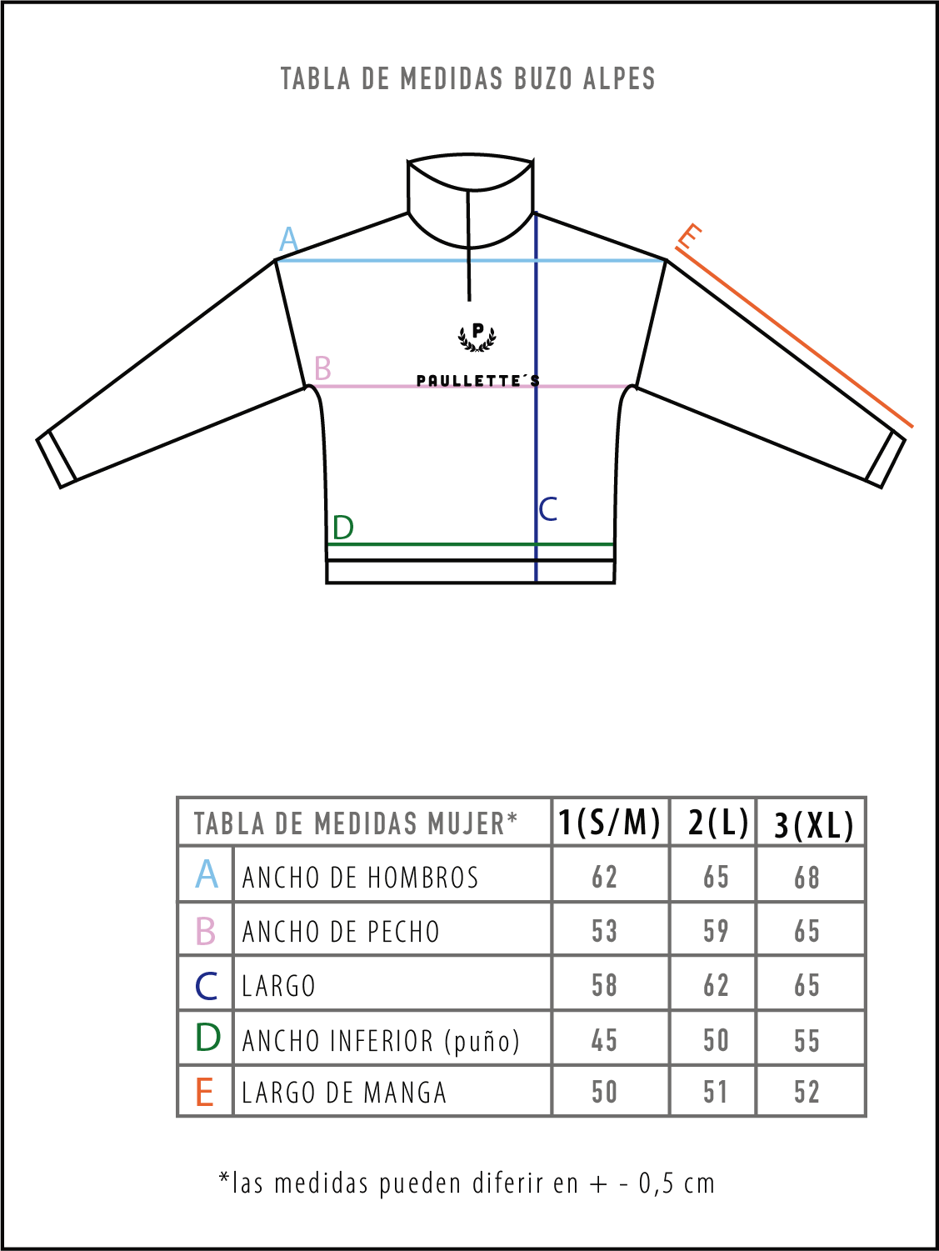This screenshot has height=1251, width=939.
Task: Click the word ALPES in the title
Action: [x=619, y=78]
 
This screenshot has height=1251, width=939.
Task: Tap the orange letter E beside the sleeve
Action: [x=688, y=236]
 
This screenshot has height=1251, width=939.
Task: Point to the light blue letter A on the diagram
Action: [x=288, y=239]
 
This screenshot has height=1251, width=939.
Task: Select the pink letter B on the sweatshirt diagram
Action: [x=322, y=368]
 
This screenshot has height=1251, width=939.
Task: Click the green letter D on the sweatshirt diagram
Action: [x=343, y=528]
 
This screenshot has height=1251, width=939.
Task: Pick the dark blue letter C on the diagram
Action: [x=547, y=509]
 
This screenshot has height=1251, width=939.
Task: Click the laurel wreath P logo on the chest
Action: [x=477, y=338]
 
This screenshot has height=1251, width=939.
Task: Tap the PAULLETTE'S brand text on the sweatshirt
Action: [x=477, y=381]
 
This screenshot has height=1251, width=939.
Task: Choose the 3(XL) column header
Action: [x=813, y=824]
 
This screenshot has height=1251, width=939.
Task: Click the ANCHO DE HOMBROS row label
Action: [x=360, y=877]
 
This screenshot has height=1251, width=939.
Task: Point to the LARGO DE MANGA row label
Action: [x=343, y=1092]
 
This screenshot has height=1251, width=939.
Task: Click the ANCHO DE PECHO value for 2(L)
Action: [x=716, y=931]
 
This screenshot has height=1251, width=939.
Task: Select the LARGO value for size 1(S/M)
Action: [x=604, y=985]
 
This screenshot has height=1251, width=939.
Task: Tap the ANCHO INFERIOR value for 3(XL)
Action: [x=807, y=1040]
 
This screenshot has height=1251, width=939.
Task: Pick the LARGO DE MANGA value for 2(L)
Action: [x=715, y=1092]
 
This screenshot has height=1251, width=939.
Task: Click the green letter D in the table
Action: [x=207, y=1038]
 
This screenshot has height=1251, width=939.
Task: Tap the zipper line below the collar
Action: [x=469, y=246]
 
